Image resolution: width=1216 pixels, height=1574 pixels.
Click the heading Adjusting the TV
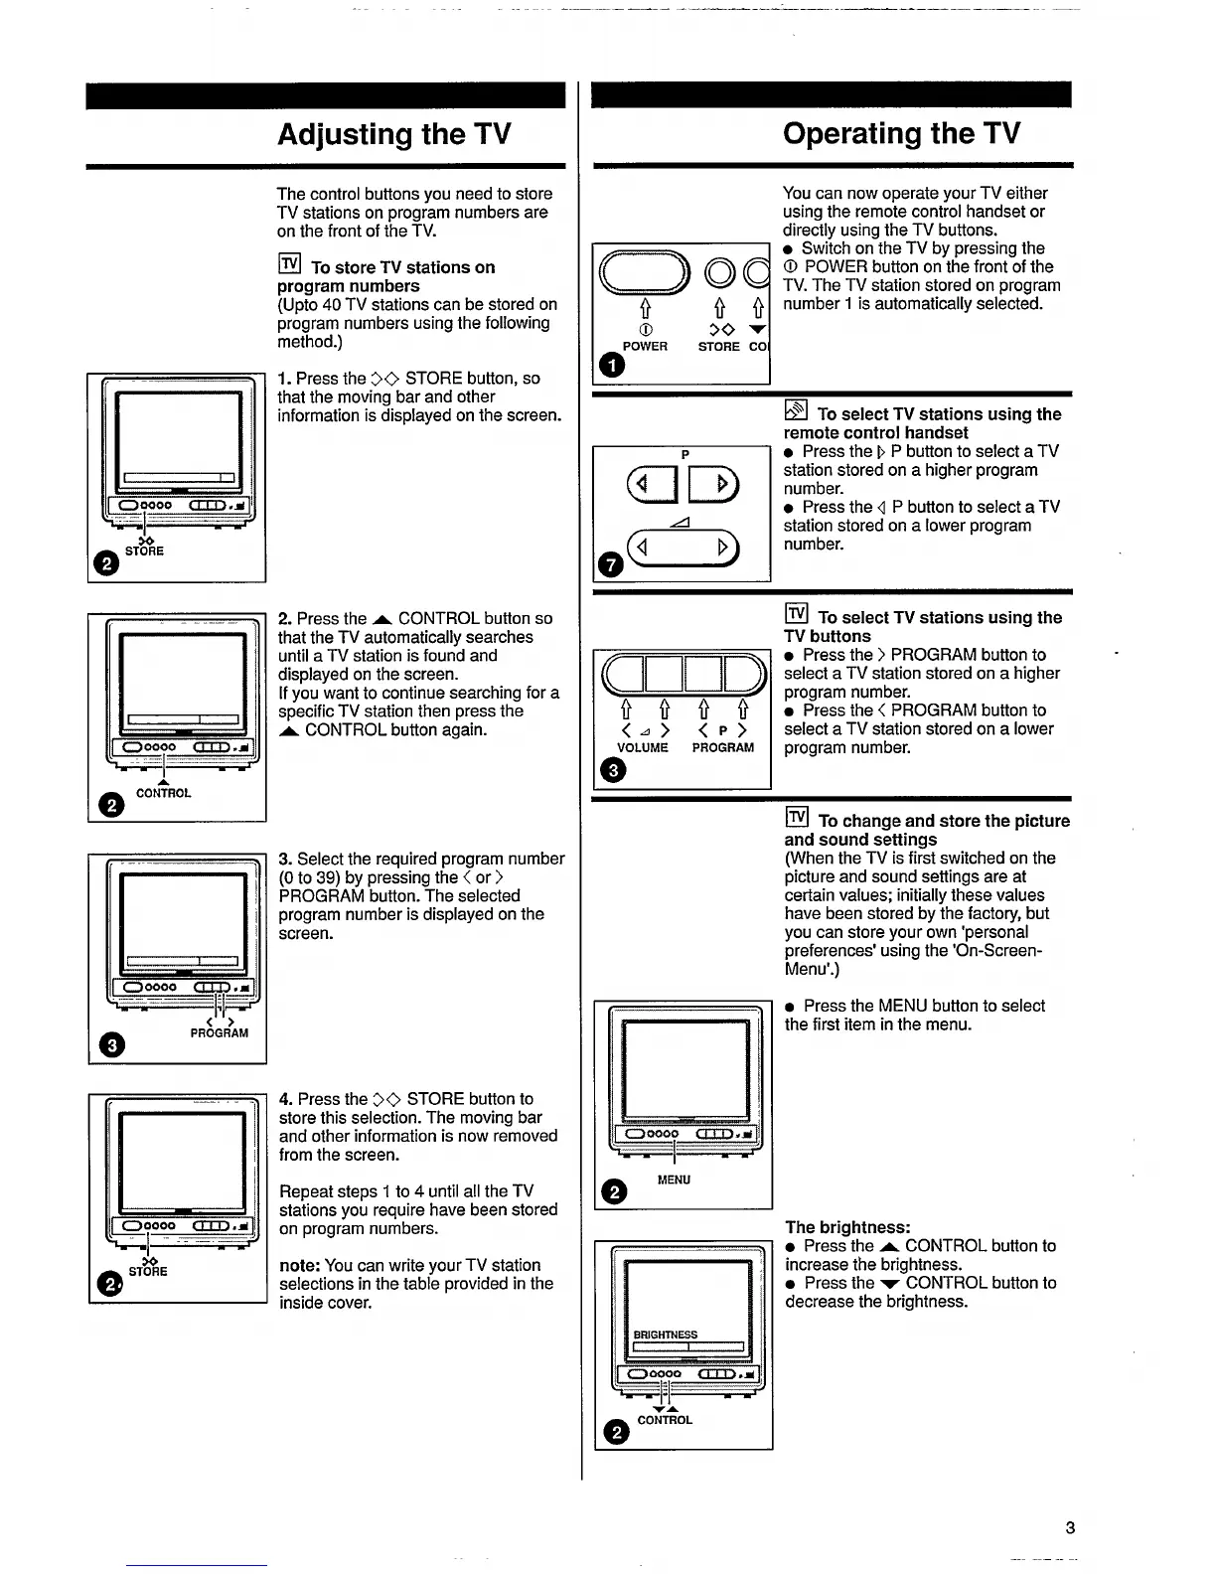[393, 134]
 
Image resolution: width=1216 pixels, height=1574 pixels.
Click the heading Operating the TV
[900, 133]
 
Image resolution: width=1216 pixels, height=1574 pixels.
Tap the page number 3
[1070, 1527]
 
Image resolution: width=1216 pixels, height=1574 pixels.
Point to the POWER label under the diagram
[645, 347]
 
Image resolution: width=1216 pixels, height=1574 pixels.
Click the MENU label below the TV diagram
[674, 1180]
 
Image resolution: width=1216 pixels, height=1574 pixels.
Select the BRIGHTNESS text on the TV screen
[666, 1335]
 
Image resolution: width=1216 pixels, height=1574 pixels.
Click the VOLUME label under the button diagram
[643, 747]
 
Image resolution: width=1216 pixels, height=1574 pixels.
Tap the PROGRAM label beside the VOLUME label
[723, 747]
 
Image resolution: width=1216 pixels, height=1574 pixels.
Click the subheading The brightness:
[847, 1227]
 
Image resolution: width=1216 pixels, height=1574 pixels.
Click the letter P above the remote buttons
[685, 454]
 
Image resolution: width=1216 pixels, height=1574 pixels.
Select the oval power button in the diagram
[645, 270]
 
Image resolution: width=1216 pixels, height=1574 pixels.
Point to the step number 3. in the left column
[285, 859]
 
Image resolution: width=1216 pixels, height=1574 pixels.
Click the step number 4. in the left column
[286, 1099]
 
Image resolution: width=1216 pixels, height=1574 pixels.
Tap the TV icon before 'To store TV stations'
[289, 264]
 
